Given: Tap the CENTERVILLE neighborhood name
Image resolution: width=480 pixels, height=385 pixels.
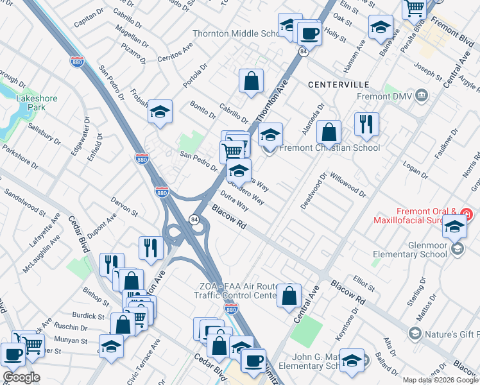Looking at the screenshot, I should (x=338, y=85).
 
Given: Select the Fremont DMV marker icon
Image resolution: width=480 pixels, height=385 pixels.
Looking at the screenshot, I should (x=422, y=96).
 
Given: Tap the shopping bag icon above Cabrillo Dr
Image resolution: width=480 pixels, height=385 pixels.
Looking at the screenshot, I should (x=252, y=81).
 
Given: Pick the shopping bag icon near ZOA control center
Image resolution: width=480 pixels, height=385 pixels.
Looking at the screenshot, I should (x=289, y=295).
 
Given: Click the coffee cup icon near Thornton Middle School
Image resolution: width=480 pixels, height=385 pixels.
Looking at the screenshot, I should (x=309, y=33).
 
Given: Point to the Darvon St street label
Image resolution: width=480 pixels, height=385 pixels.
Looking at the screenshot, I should (x=124, y=207).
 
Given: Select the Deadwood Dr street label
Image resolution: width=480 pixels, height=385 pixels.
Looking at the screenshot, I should (x=314, y=190).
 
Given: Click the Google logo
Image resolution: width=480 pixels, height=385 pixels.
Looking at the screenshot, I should (x=21, y=377).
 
